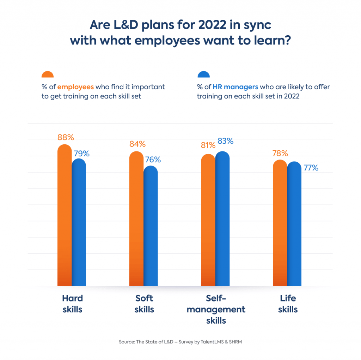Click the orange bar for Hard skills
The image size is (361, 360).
tap(65, 215)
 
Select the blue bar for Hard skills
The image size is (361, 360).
tap(79, 222)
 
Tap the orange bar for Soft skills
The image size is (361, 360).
tap(136, 219)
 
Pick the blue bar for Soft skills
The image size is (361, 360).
tap(151, 226)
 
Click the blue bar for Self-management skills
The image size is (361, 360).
tap(222, 219)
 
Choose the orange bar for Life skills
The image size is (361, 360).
tap(280, 223)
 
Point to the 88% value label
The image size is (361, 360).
tap(66, 137)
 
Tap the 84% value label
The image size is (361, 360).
tap(137, 144)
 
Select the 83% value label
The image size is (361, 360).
tap(225, 141)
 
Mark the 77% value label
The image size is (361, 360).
tap(311, 168)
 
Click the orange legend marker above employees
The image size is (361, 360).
tap(48, 74)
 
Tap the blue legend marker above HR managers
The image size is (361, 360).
tap(203, 74)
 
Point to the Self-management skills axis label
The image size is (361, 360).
tap(216, 310)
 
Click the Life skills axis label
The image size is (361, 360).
tap(288, 304)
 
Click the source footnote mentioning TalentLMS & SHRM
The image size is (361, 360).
tap(180, 342)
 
